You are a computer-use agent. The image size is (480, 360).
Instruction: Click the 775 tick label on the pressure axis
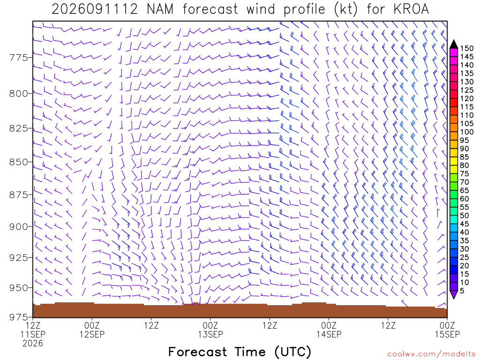[18, 58]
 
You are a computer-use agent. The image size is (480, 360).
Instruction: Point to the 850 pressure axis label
[18, 162]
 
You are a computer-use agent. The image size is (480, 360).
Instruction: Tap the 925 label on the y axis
[18, 257]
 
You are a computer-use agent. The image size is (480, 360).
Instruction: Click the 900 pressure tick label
[18, 226]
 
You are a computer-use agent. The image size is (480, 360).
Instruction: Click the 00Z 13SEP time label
[210, 330]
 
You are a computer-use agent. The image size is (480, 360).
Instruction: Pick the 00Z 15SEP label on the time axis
[447, 330]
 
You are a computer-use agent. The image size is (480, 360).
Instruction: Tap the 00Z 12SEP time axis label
[92, 330]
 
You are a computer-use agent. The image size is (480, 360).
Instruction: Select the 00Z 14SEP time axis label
[329, 330]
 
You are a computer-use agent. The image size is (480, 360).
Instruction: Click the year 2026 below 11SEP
[33, 344]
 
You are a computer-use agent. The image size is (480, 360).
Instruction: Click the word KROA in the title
[411, 9]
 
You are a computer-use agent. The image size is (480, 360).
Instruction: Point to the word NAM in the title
[160, 9]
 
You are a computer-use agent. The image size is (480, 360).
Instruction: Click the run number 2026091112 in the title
[95, 9]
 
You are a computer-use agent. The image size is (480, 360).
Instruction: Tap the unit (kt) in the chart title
[345, 9]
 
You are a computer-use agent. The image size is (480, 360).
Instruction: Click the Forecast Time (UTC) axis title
[240, 352]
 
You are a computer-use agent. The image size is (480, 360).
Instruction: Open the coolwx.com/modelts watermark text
[431, 354]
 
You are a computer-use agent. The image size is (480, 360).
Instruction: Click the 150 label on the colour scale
[467, 48]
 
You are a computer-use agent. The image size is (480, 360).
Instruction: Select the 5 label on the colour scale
[462, 291]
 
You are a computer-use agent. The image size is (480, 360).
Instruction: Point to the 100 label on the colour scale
[467, 132]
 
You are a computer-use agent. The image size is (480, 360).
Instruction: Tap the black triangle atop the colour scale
[454, 45]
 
